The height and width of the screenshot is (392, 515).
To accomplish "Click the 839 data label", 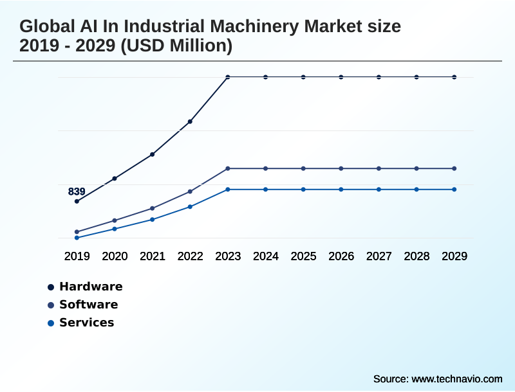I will tap(77, 192).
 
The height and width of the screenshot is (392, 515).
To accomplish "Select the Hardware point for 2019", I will tap(77, 201).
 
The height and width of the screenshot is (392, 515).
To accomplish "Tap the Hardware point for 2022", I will tap(190, 121).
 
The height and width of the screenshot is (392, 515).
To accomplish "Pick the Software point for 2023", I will tap(228, 168).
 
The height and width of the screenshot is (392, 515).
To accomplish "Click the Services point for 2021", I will tap(153, 220).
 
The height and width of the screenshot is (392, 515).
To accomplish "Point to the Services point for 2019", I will tap(77, 238).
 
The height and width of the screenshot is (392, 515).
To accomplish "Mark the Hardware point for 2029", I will tap(454, 77).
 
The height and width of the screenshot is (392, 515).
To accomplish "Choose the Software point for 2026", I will tap(341, 168).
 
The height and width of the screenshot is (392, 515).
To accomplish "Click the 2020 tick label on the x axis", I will tap(115, 256).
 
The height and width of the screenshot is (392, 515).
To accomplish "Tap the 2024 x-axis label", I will tap(266, 256).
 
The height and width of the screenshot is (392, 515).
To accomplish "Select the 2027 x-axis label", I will tap(379, 256).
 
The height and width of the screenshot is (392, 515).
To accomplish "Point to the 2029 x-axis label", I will tap(454, 256).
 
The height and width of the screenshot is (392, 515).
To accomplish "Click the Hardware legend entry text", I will tap(91, 287).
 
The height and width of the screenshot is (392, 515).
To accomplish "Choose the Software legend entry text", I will tap(89, 305).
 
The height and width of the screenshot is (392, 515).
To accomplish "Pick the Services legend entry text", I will tap(87, 323).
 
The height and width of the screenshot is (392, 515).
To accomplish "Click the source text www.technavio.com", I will tap(456, 379).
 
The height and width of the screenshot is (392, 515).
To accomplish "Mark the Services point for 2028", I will tap(417, 190).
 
